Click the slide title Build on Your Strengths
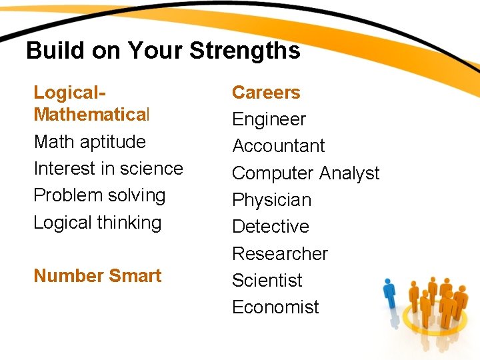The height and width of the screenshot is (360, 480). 163,51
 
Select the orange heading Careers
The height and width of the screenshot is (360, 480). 266,93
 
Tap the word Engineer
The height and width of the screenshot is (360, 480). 269,119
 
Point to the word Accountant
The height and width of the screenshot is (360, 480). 279,146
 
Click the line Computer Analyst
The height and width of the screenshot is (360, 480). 305,173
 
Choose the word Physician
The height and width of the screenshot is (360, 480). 271,200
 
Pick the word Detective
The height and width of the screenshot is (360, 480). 271,227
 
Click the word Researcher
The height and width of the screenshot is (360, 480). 280,254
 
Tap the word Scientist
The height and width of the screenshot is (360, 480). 267,281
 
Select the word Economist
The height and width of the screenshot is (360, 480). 275,307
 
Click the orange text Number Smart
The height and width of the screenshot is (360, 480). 97,276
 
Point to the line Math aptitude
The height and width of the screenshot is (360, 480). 89,142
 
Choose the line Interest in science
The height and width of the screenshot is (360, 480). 108,169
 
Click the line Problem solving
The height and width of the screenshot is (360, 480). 99,195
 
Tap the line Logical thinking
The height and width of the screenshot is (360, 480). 97,223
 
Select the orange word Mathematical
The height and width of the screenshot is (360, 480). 92,115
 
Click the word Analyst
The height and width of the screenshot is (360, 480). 349,173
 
